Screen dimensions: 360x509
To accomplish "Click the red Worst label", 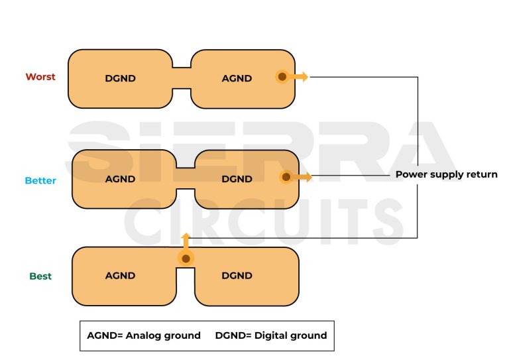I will [x=40, y=77].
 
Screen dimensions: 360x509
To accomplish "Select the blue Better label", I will [x=40, y=180].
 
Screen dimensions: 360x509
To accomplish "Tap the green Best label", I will [x=40, y=276].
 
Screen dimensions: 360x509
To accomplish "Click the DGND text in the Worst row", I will [x=120, y=78].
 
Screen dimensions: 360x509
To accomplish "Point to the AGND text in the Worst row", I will [x=237, y=78].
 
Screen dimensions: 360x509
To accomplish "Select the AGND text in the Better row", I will [x=120, y=179].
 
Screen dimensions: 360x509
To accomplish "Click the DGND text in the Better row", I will [x=237, y=179].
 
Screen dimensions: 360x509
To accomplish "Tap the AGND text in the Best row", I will [x=120, y=276].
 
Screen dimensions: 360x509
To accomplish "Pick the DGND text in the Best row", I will [x=237, y=276].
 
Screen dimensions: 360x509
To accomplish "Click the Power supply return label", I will [x=446, y=174].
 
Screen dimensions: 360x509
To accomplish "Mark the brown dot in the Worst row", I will [x=282, y=77].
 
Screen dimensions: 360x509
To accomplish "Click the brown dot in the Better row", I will [x=286, y=177].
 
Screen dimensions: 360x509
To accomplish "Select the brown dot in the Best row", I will [x=186, y=259].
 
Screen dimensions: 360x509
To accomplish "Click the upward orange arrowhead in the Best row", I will [x=186, y=237].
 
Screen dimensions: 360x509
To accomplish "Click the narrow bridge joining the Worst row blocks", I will [x=182, y=78].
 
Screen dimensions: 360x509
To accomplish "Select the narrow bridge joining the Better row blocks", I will [x=186, y=178].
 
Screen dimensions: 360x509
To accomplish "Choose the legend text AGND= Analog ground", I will [x=144, y=335].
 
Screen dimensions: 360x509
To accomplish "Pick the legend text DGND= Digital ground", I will [x=271, y=335].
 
